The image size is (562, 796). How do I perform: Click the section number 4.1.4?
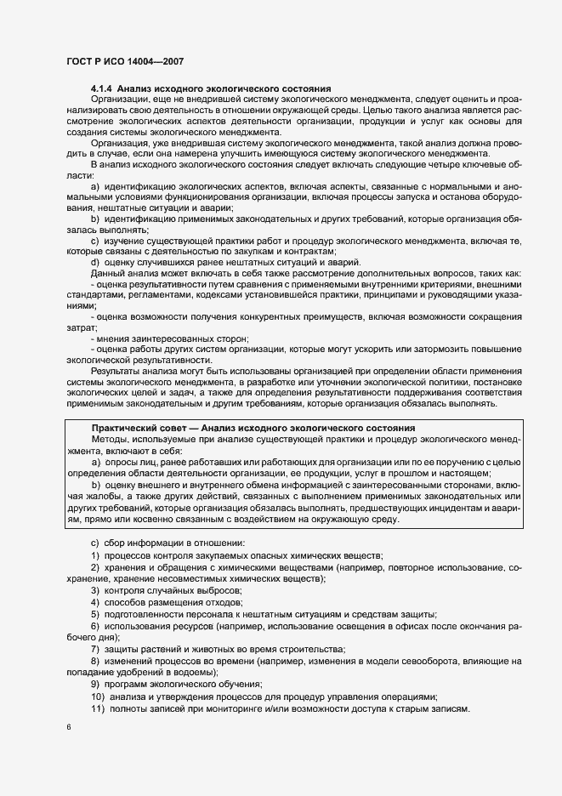pyautogui.click(x=101, y=88)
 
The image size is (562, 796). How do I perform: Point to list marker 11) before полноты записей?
pyautogui.click(x=98, y=709)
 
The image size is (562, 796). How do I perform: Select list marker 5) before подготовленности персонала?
pyautogui.click(x=95, y=614)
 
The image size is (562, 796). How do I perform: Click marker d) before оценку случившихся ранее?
pyautogui.click(x=95, y=262)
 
